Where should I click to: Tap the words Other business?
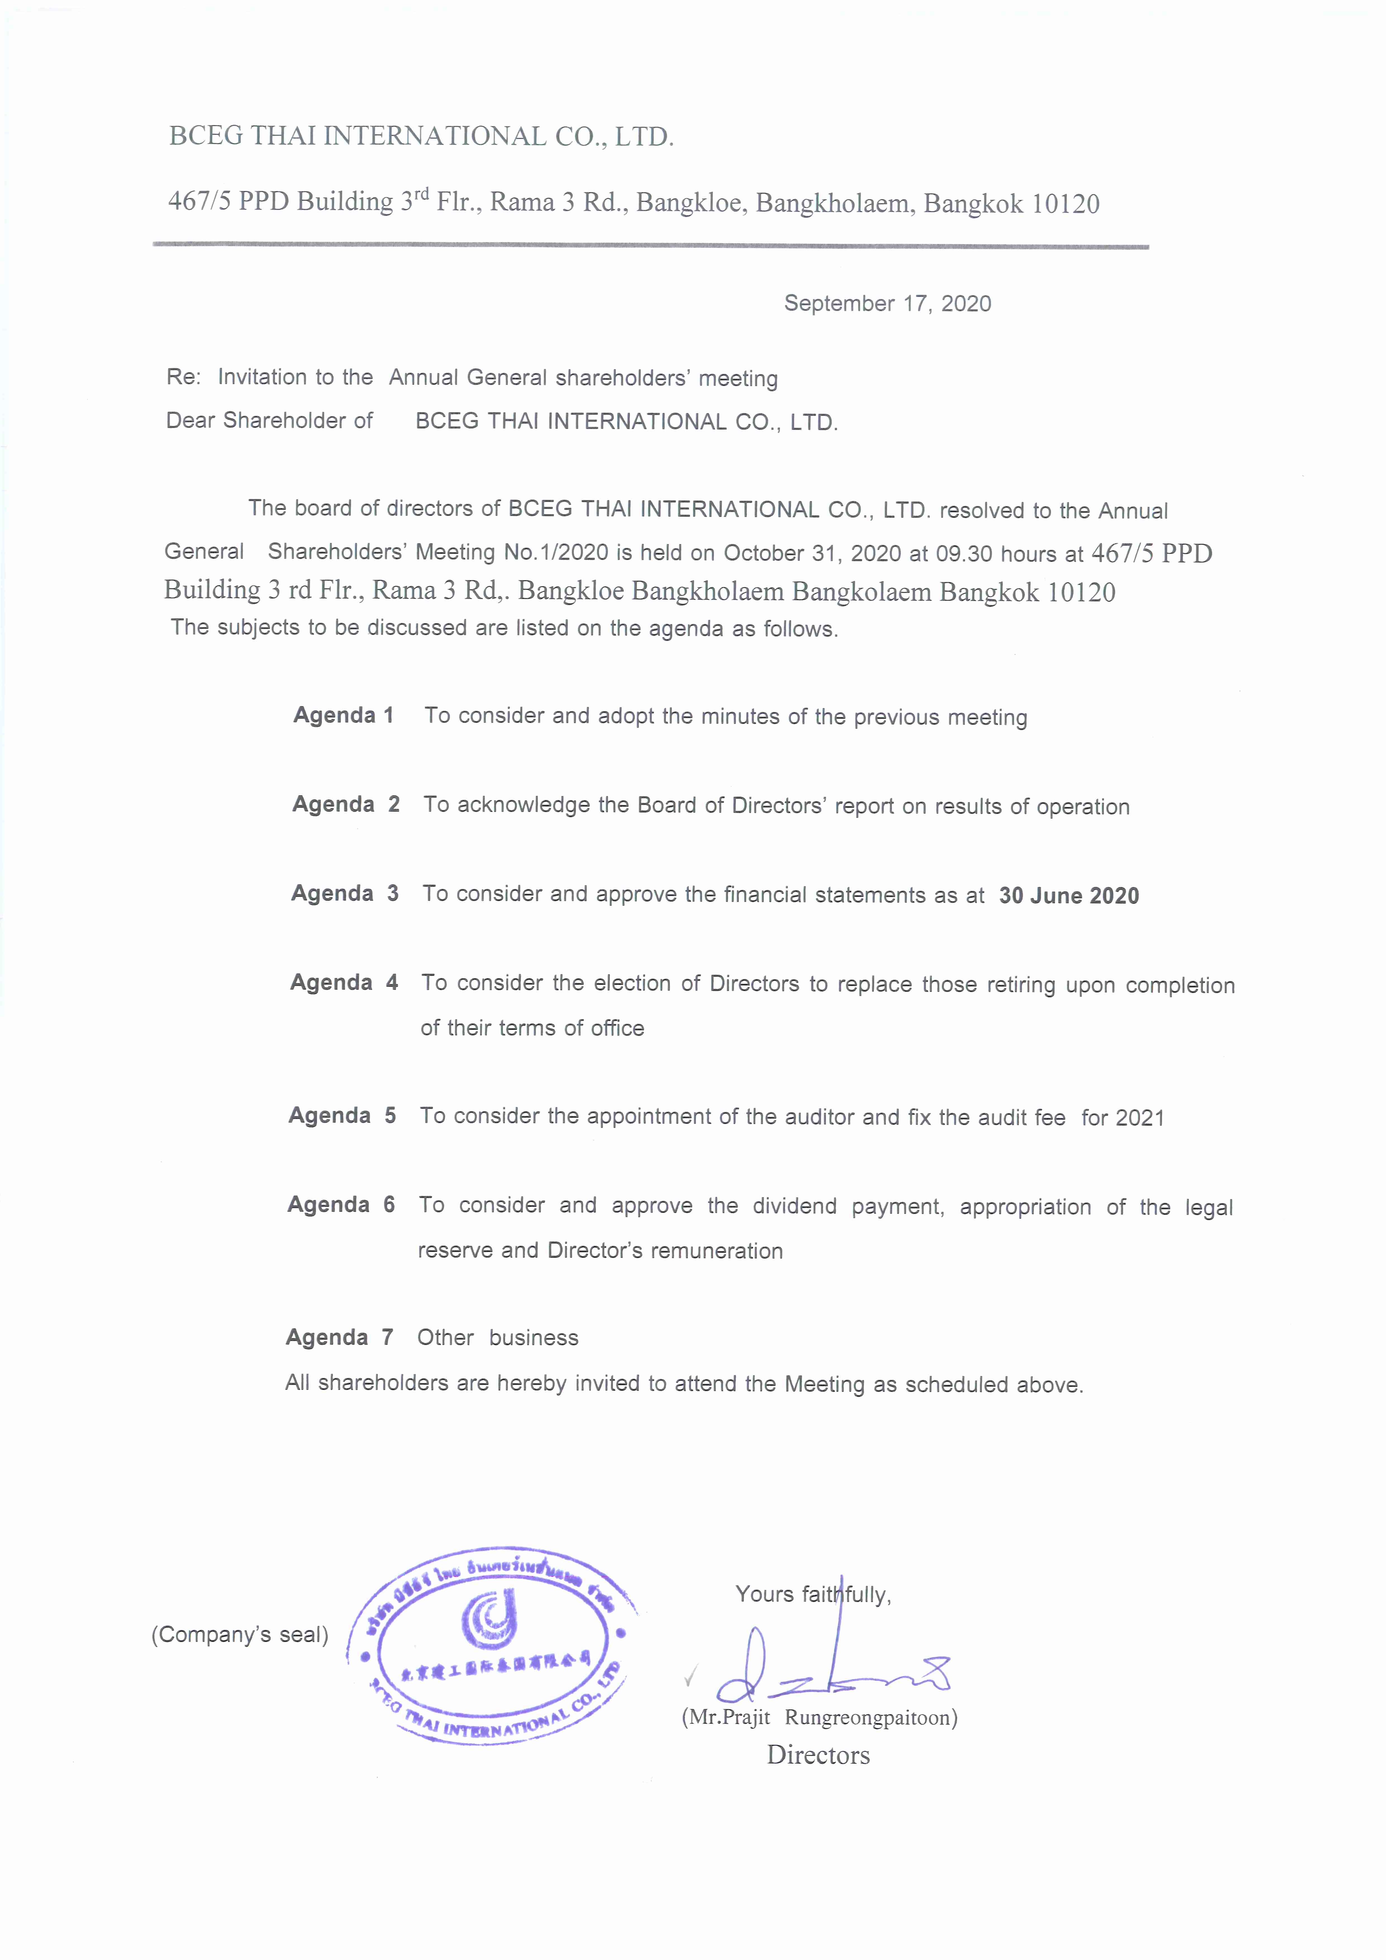[x=497, y=1338]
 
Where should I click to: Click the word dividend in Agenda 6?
[x=794, y=1206]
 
